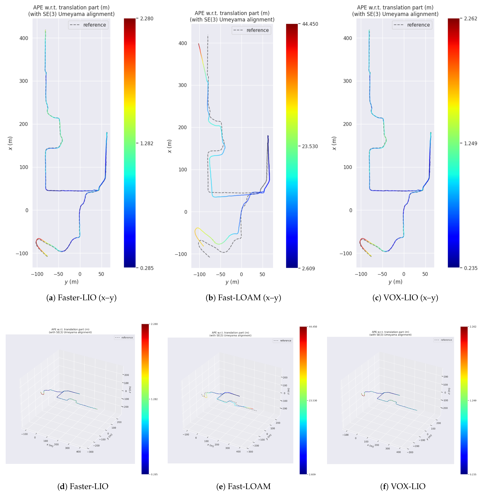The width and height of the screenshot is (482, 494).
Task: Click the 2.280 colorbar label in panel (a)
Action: [147, 19]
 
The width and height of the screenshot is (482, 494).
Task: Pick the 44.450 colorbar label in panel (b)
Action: [310, 24]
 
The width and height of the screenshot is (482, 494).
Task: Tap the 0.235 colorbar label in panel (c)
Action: [470, 268]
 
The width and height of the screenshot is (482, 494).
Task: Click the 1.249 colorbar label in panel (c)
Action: [470, 143]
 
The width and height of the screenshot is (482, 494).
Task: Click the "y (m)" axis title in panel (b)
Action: [232, 282]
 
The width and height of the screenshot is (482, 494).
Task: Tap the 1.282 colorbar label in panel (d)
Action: [154, 399]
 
